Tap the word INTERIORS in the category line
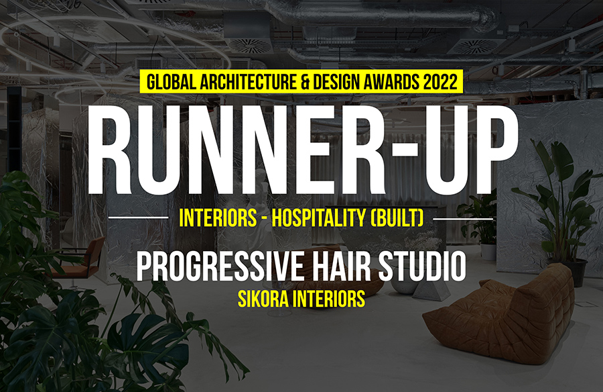pos(218,218)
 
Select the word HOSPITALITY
pos(319,218)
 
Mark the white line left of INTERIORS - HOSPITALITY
pos(139,217)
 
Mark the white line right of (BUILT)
pos(463,219)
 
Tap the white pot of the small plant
pos(488,252)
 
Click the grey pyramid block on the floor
pos(431,290)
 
